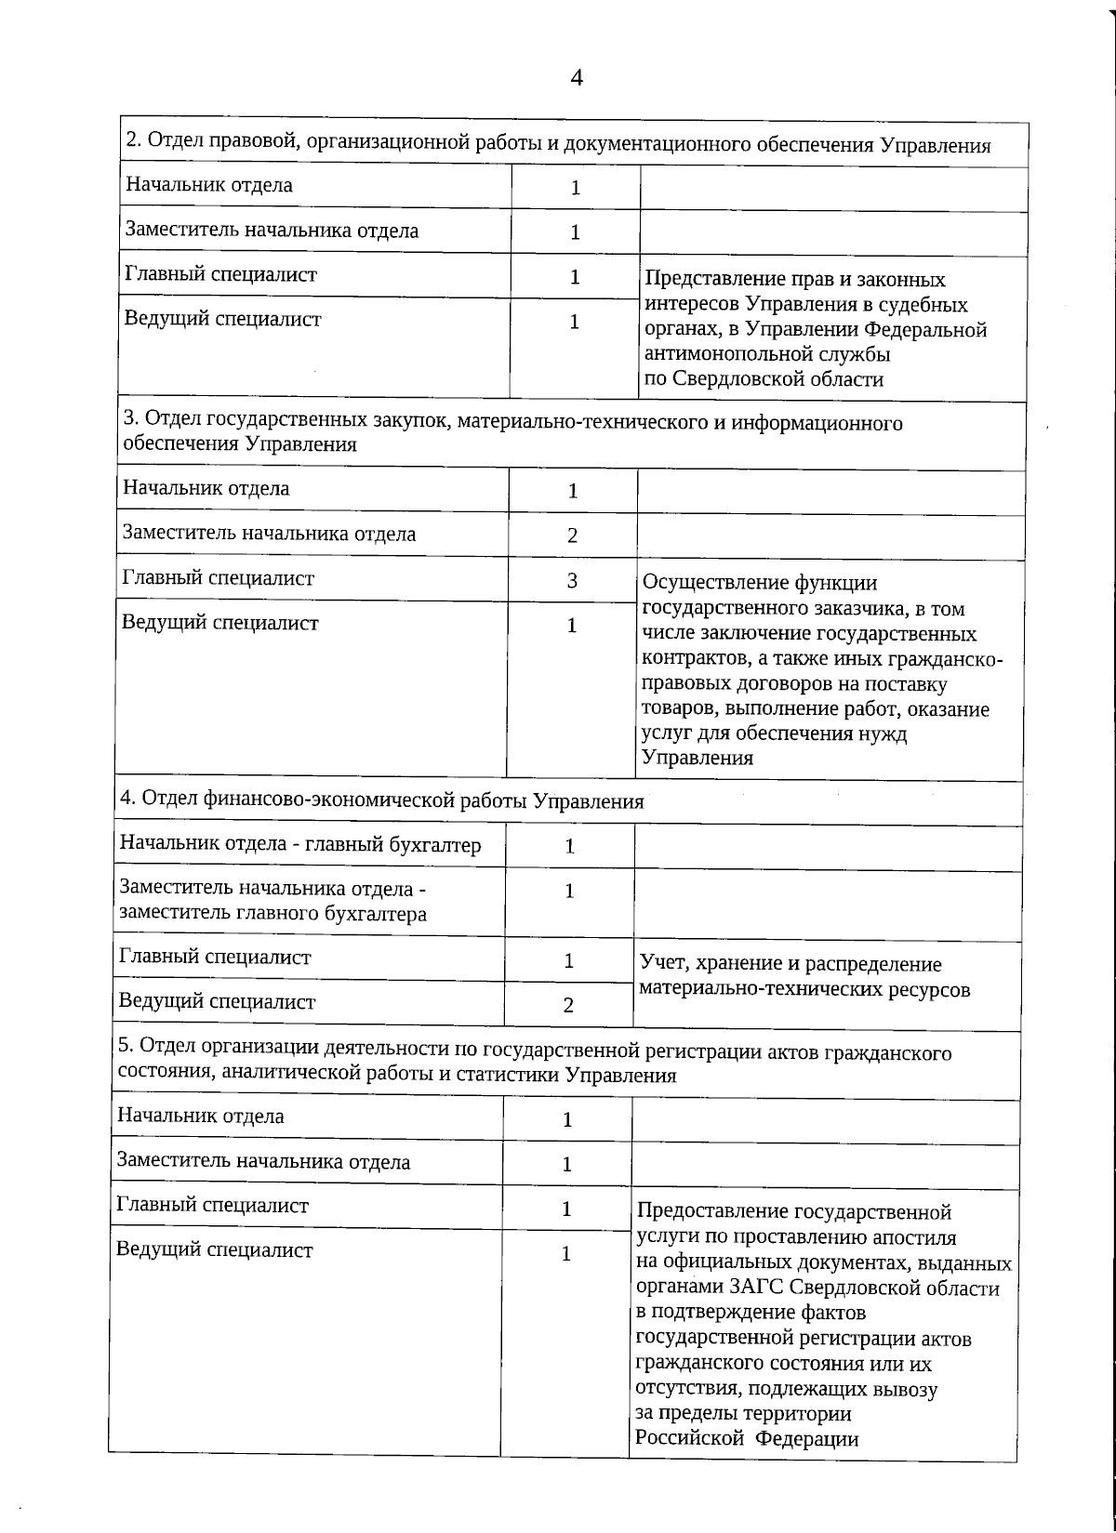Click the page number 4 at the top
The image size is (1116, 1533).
[576, 79]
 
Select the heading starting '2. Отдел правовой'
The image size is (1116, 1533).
[558, 145]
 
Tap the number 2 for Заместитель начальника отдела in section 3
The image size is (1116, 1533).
[573, 535]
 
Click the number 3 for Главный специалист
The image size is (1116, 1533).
[573, 581]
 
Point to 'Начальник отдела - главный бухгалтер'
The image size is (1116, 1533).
[300, 844]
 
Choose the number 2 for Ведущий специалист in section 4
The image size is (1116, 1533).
[568, 1005]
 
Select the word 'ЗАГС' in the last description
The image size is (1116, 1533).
[759, 1289]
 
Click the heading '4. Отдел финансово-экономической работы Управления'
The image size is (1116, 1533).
[381, 800]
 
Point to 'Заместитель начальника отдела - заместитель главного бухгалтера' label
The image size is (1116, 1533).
[273, 901]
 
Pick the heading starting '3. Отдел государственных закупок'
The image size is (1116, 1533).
[512, 433]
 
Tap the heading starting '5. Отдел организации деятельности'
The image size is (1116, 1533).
[534, 1064]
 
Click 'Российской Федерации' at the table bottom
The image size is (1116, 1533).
[746, 1439]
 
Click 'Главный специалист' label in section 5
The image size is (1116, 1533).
[212, 1206]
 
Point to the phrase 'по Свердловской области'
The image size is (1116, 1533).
[764, 379]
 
